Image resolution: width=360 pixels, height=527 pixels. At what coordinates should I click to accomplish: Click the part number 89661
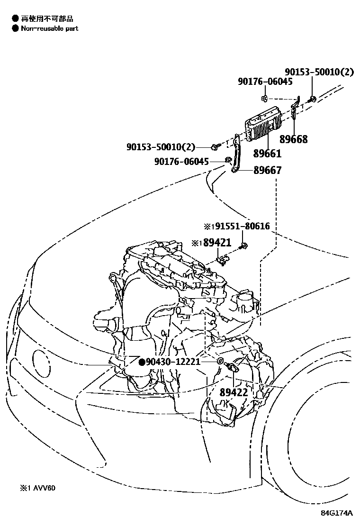(x=267, y=154)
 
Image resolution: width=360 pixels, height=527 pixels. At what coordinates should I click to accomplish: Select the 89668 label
(x=293, y=139)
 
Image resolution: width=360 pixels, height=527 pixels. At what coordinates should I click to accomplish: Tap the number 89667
(x=267, y=170)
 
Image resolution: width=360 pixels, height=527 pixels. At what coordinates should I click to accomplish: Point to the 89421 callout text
(x=217, y=243)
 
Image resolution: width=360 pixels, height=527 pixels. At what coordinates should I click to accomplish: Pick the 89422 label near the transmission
(x=234, y=392)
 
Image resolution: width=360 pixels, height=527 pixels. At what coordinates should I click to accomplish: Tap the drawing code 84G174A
(x=337, y=513)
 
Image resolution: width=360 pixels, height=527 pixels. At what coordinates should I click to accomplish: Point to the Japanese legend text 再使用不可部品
(x=47, y=18)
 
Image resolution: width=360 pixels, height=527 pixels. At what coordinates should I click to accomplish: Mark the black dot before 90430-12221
(x=141, y=362)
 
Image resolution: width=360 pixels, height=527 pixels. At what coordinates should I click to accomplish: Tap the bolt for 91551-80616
(x=244, y=245)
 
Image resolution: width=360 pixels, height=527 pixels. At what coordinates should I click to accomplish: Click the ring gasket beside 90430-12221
(x=220, y=362)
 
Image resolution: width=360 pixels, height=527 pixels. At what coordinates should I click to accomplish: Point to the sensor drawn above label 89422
(x=234, y=368)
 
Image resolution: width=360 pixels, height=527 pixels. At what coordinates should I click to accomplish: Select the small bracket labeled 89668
(x=295, y=111)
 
